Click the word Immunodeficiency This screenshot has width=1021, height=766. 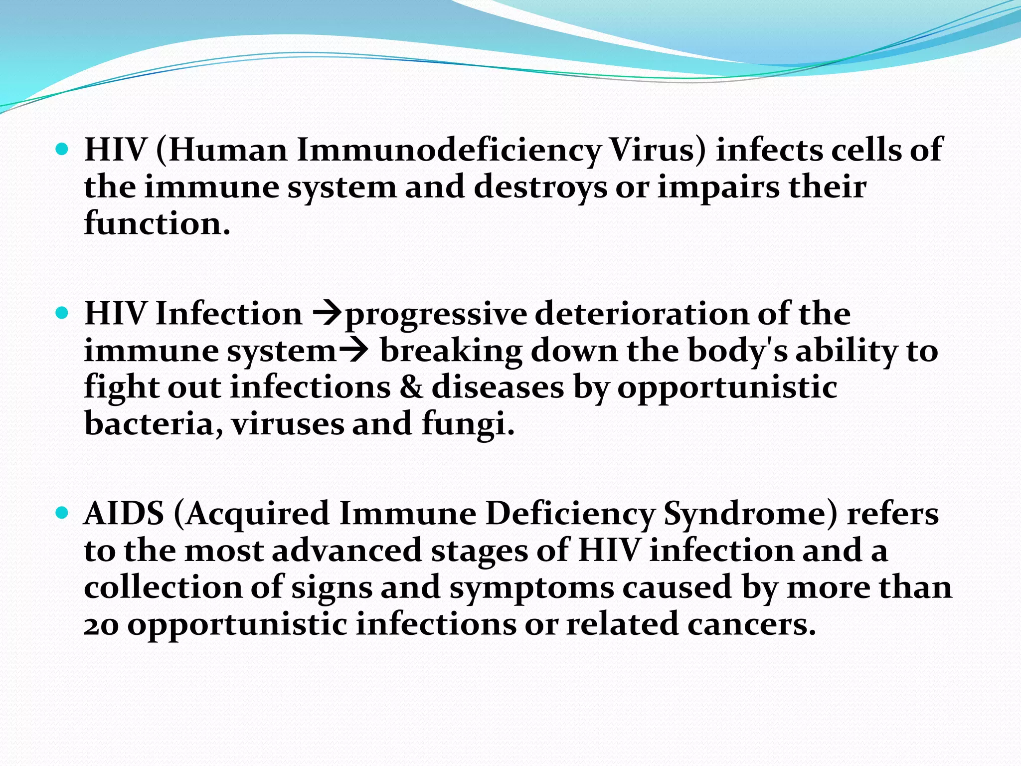[x=449, y=151]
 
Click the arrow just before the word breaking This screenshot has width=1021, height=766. [x=353, y=351]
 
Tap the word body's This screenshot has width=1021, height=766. [x=737, y=351]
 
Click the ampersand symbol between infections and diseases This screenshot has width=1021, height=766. [x=411, y=387]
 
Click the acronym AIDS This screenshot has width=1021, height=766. [x=124, y=514]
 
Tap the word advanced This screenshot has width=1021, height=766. [x=347, y=551]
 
